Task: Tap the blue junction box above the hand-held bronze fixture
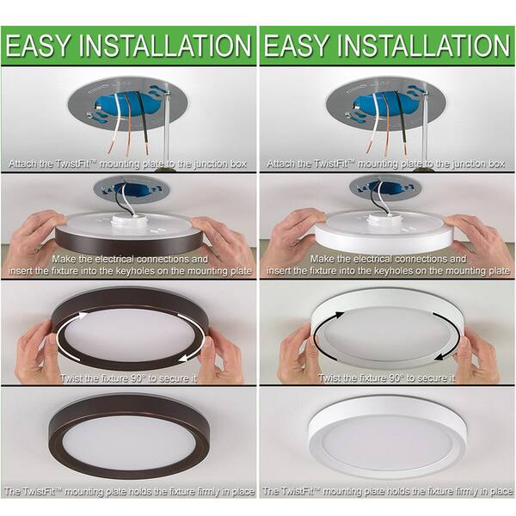click(128, 187)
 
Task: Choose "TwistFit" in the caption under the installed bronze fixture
click(46, 492)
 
